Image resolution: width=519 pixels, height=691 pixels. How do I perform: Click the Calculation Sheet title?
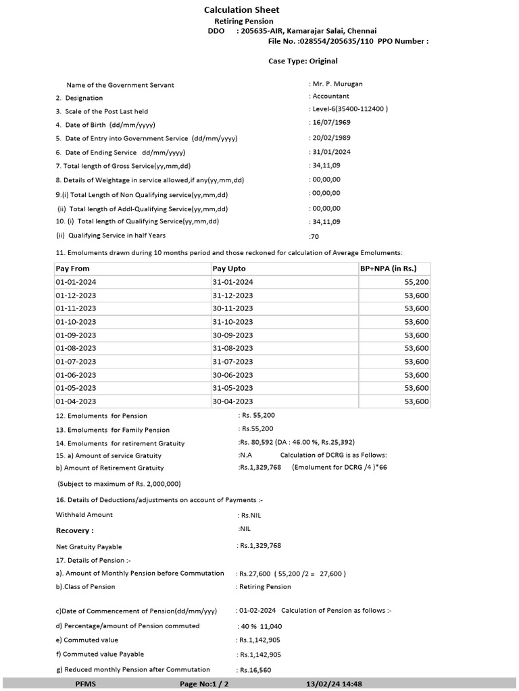click(x=241, y=10)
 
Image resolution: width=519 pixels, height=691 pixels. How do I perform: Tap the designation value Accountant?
click(x=331, y=96)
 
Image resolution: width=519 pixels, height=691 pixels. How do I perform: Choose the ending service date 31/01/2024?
click(x=332, y=152)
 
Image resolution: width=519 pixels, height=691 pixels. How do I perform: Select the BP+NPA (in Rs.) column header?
click(x=394, y=269)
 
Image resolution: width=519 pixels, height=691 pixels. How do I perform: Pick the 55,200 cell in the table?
click(x=416, y=282)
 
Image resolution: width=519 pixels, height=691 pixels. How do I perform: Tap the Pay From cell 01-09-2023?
click(x=76, y=335)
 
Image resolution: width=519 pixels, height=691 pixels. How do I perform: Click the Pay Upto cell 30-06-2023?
click(x=232, y=375)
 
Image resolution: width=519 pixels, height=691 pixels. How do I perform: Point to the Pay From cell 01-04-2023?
click(x=76, y=402)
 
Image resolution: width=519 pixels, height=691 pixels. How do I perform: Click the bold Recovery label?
click(x=74, y=531)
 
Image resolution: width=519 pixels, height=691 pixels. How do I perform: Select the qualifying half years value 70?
click(x=314, y=236)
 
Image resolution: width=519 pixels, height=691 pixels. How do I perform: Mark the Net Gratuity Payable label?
click(x=89, y=547)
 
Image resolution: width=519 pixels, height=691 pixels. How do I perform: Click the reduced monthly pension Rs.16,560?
click(x=254, y=670)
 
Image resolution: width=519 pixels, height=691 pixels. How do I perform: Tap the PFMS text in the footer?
click(x=86, y=684)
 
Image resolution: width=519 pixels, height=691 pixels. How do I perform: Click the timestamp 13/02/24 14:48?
click(x=335, y=684)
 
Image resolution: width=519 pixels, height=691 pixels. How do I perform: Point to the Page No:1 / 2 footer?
click(x=204, y=684)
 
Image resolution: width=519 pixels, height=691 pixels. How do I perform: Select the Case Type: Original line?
click(x=303, y=61)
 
